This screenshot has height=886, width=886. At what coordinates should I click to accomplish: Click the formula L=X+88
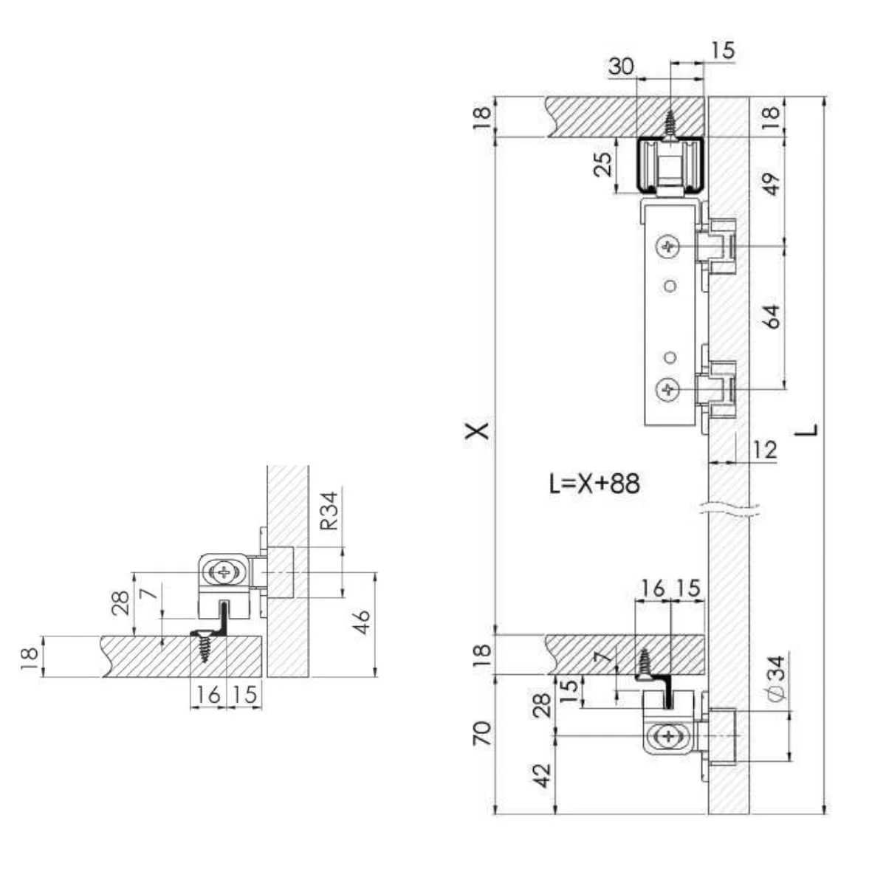pos(594,484)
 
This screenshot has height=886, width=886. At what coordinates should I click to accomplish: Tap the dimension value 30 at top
pos(621,66)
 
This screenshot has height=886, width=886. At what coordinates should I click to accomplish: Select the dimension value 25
pos(603,164)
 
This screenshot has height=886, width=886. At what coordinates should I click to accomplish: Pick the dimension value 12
pos(765,450)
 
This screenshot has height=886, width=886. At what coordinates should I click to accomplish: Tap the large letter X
pos(477,430)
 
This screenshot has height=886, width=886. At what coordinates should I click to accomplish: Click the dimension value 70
pos(482,733)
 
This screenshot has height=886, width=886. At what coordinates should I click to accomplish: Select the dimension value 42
pos(543,776)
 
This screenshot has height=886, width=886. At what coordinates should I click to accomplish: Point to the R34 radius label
pos(329,511)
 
